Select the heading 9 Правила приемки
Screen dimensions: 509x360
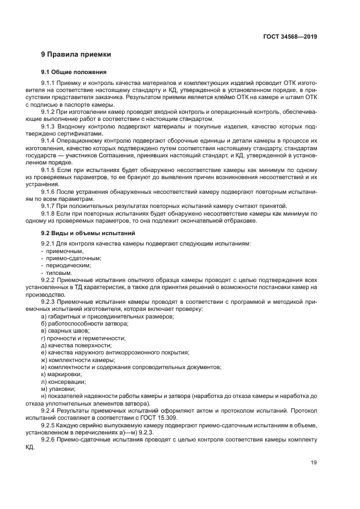point(76,54)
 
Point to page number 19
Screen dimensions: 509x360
point(313,463)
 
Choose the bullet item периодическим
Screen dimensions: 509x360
point(68,265)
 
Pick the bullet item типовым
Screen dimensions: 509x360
point(60,273)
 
